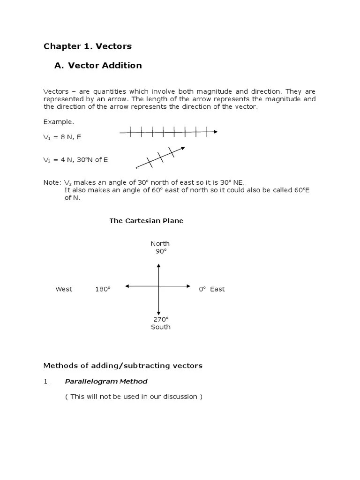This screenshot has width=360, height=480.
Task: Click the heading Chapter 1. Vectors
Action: [87, 46]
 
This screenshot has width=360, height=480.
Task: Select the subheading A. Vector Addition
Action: [98, 66]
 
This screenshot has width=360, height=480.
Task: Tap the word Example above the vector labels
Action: [59, 122]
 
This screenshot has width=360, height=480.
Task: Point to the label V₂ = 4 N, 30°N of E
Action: [75, 160]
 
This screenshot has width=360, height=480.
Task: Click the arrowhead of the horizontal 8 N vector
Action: [215, 132]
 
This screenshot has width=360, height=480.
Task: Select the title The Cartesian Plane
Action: [146, 221]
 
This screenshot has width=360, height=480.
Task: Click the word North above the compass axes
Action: [160, 243]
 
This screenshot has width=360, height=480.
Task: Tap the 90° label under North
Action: [161, 251]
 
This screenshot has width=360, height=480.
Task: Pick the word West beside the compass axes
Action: [64, 289]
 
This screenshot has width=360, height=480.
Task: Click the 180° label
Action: [103, 289]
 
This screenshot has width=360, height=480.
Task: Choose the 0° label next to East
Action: [202, 289]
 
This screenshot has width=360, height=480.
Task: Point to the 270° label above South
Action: [161, 319]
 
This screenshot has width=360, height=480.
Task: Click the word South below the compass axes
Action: [161, 327]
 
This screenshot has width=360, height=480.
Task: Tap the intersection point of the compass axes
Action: [159, 286]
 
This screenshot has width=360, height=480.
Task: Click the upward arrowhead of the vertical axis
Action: [159, 266]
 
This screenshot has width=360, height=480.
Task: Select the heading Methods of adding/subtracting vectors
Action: [123, 366]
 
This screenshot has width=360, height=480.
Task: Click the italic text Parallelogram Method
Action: [106, 382]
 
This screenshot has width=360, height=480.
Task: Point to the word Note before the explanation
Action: [52, 182]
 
